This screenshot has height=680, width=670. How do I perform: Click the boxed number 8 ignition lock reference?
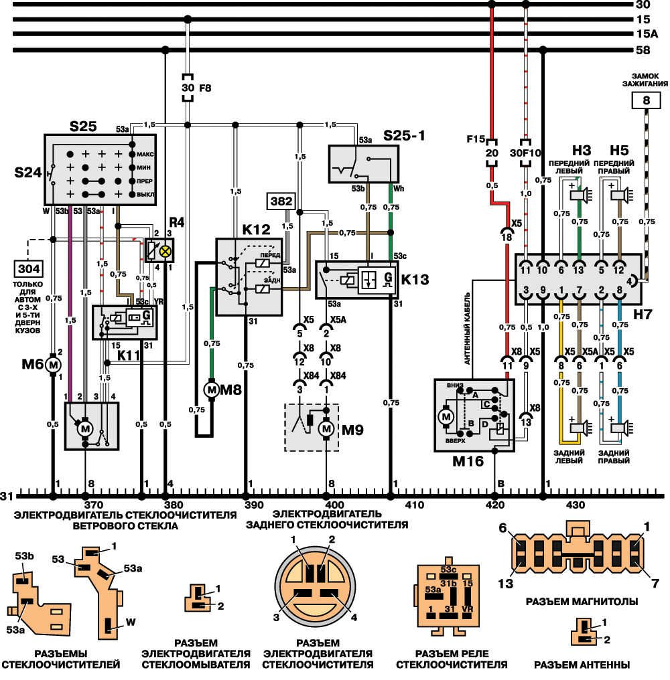click(x=646, y=100)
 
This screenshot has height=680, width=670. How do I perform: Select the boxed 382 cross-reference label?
click(x=281, y=200)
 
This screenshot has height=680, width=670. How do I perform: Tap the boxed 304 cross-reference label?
click(x=28, y=270)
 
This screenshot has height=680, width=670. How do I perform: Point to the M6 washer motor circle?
click(x=53, y=364)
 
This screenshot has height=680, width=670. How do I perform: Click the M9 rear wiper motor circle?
click(x=326, y=428)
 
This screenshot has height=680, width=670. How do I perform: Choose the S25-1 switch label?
click(x=405, y=137)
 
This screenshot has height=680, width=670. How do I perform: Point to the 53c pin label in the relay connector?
click(x=448, y=569)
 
